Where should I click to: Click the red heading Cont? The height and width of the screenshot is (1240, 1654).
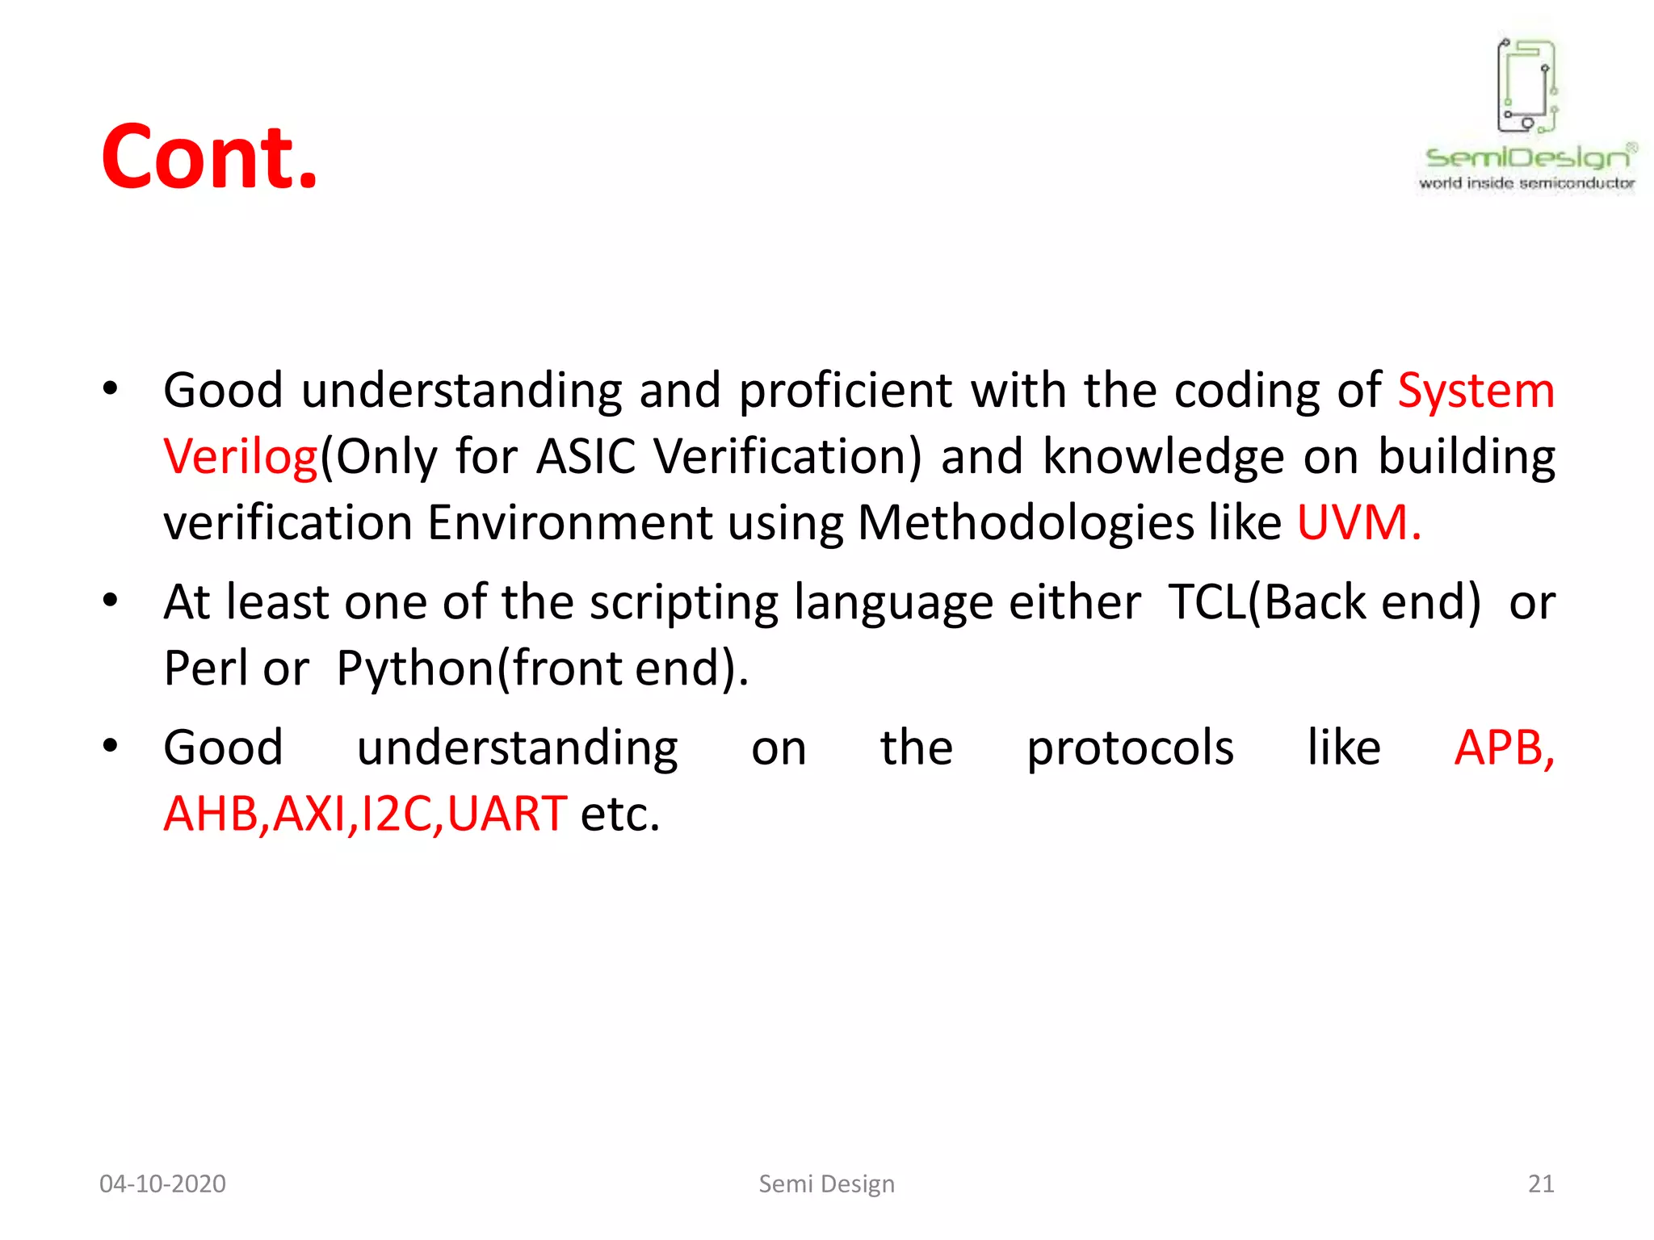pyautogui.click(x=209, y=157)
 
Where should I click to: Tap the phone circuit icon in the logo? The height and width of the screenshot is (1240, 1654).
pyautogui.click(x=1526, y=86)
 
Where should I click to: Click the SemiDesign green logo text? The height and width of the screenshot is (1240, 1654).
pyautogui.click(x=1526, y=157)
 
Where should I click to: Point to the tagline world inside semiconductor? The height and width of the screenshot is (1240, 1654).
pyautogui.click(x=1526, y=183)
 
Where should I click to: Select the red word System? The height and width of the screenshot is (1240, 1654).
pyautogui.click(x=1476, y=392)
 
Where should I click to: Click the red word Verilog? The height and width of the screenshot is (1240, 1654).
pyautogui.click(x=241, y=457)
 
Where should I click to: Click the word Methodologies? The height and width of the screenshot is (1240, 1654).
pyautogui.click(x=1025, y=523)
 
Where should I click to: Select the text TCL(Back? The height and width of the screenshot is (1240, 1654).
pyautogui.click(x=1324, y=602)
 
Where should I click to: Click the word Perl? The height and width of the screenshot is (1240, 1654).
pyautogui.click(x=205, y=668)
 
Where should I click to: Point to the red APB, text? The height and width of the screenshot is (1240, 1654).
pyautogui.click(x=1504, y=748)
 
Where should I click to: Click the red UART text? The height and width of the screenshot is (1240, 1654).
pyautogui.click(x=507, y=814)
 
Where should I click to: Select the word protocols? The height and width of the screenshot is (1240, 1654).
pyautogui.click(x=1130, y=748)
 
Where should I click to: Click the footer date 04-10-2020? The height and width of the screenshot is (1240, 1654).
pyautogui.click(x=162, y=1183)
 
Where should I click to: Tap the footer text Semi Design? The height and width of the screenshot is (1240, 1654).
pyautogui.click(x=826, y=1183)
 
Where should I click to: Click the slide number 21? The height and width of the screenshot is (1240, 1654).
pyautogui.click(x=1540, y=1183)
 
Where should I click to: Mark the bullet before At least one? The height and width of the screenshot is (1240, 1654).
pyautogui.click(x=111, y=601)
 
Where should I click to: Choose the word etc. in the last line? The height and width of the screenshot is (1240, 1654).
pyautogui.click(x=619, y=814)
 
